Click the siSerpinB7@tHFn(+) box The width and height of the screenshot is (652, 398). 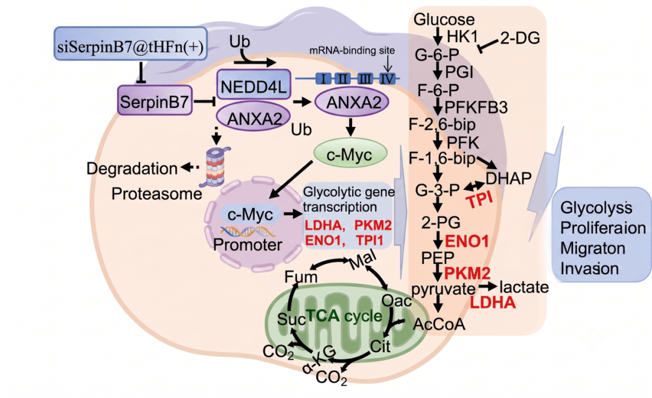130,43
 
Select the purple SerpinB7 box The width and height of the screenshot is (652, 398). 155,100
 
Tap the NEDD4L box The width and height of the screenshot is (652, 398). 253,85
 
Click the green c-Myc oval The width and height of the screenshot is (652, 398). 350,154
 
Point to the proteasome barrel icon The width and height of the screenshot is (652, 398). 215,166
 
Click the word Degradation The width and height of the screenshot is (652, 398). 132,169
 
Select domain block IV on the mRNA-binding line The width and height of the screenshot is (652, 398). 387,78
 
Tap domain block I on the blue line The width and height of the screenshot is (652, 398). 324,78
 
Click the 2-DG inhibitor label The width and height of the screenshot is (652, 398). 520,38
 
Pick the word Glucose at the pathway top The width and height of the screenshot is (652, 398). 444,19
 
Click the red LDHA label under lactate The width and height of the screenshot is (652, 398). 493,303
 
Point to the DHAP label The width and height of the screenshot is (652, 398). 508,178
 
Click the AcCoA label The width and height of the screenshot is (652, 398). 439,324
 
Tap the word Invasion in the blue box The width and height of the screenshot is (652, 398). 590,269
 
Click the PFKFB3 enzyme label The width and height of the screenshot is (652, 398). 476,108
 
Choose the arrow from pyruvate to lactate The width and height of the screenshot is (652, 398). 488,286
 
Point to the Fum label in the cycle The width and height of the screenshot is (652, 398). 301,277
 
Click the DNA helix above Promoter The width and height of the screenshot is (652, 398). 248,231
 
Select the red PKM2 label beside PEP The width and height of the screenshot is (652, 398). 467,273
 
